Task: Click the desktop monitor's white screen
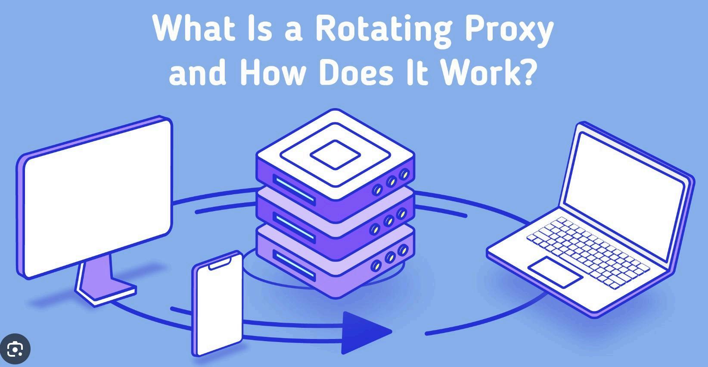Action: [x=97, y=198]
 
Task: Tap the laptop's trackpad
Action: [x=555, y=271]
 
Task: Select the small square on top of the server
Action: [x=335, y=154]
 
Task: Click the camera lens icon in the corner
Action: [x=15, y=348]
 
